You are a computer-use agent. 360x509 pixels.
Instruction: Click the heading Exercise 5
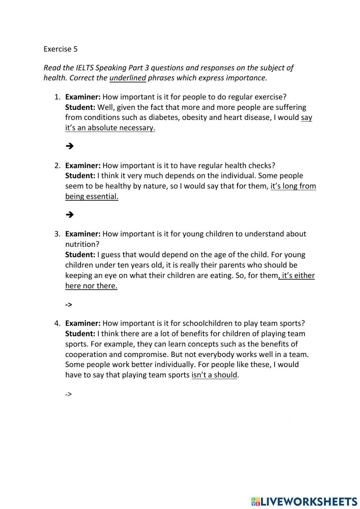click(60, 49)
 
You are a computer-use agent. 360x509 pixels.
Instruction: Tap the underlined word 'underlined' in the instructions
click(127, 78)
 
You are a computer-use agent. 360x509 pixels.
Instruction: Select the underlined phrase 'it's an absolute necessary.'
click(110, 128)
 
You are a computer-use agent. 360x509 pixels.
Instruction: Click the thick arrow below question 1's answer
click(70, 146)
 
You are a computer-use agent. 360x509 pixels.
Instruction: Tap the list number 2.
click(57, 166)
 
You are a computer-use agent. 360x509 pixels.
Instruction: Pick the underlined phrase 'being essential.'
click(91, 196)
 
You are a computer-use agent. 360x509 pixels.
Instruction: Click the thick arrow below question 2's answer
click(70, 214)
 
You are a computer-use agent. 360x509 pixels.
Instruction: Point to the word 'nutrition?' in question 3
click(82, 244)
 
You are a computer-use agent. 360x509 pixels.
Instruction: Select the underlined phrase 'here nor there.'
click(91, 286)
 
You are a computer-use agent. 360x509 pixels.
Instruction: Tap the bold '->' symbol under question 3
click(68, 305)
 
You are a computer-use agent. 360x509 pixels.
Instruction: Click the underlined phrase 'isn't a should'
click(214, 375)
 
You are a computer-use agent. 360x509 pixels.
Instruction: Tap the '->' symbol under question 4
click(68, 394)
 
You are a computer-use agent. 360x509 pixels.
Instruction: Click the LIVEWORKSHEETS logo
click(304, 501)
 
